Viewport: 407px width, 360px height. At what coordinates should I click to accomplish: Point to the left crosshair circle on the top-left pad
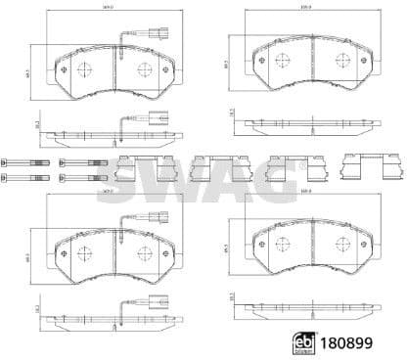click(82, 69)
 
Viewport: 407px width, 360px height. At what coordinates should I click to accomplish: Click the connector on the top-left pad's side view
click(156, 122)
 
